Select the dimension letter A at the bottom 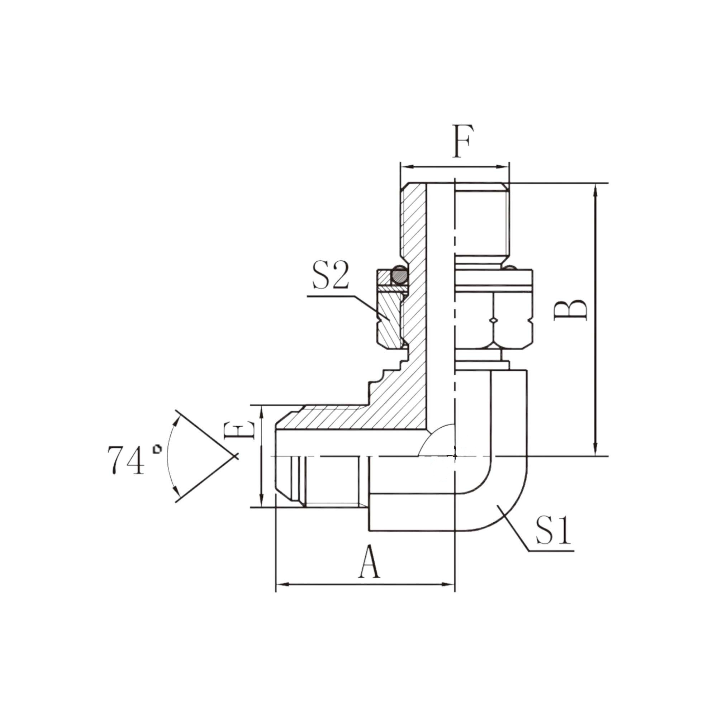pos(369,562)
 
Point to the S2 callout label pos(330,276)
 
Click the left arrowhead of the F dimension pos(405,167)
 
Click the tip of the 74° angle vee pos(235,456)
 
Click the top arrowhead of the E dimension pos(262,410)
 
